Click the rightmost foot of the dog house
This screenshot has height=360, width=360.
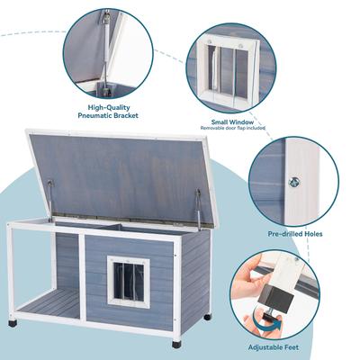click(x=208, y=317)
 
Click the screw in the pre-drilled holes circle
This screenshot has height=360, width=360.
click(x=293, y=183)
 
